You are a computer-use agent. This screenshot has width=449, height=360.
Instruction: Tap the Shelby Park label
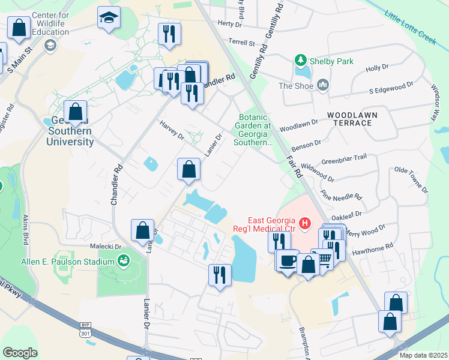[x=331, y=61]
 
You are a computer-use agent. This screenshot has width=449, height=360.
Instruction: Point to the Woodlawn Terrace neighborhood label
[x=350, y=118]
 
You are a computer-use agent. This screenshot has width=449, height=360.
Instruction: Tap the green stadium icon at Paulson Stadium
[x=124, y=260]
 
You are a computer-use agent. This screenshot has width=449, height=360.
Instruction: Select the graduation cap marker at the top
[x=109, y=17]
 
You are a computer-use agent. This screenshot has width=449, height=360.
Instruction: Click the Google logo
[x=20, y=353]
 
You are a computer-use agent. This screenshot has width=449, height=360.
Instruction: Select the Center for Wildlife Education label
[x=50, y=23]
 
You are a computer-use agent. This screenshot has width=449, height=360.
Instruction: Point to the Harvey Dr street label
[x=172, y=131]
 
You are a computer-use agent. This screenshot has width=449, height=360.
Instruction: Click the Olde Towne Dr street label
[x=411, y=179]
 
